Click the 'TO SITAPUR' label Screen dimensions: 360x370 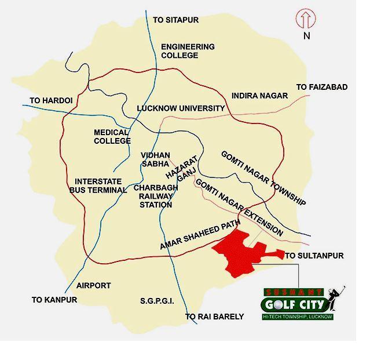[x=175, y=20]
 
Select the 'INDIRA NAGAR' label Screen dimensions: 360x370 [x=259, y=96]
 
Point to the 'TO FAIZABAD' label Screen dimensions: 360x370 [x=322, y=87]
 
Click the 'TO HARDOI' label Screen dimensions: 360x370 [x=51, y=101]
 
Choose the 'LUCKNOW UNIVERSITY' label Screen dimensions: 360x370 [x=181, y=108]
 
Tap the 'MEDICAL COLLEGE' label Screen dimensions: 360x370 [x=112, y=137]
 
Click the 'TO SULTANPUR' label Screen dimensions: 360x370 [x=314, y=256]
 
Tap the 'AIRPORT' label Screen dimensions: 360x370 [x=93, y=286]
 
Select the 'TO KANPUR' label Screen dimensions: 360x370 [x=54, y=300]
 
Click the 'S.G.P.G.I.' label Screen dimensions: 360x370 [x=157, y=301]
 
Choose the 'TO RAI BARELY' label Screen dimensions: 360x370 [x=214, y=317]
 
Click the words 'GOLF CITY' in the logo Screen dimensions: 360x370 [x=294, y=304]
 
